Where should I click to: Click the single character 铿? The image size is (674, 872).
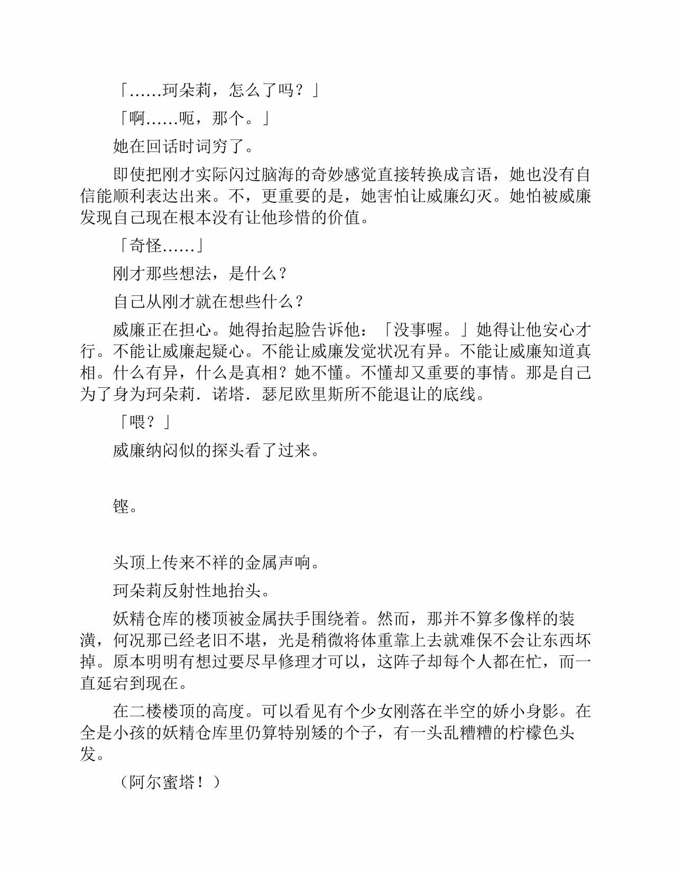point(122,507)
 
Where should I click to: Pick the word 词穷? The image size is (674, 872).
point(213,146)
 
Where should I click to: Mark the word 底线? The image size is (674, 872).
point(460,394)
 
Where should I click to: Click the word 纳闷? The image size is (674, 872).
point(163,451)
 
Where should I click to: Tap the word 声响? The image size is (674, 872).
point(294,563)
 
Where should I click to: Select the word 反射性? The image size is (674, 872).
point(187,591)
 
